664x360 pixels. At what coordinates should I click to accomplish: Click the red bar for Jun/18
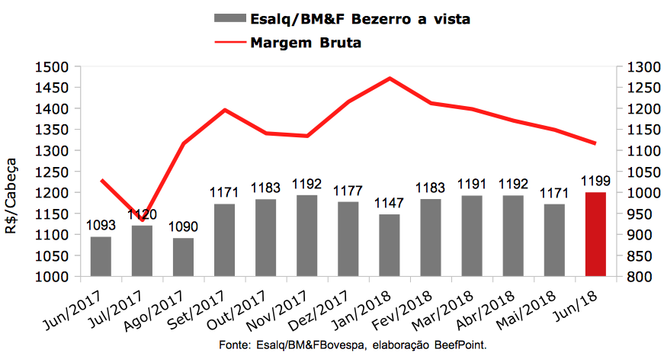coord(595,234)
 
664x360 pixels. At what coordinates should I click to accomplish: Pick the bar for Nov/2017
coord(306,236)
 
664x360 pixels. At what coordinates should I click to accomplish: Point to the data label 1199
coord(595,182)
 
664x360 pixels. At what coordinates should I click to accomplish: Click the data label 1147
coord(390,204)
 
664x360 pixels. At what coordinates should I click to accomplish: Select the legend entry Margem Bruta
coord(306,43)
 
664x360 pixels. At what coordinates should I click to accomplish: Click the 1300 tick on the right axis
coord(639,67)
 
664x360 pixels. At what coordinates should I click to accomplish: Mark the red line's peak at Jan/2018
coord(390,78)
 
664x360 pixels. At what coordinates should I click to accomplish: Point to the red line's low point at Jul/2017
coord(142,221)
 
